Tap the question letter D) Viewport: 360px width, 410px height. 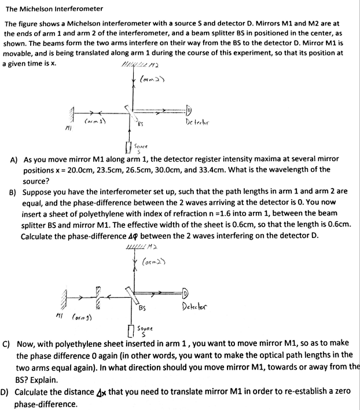coord(5,391)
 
